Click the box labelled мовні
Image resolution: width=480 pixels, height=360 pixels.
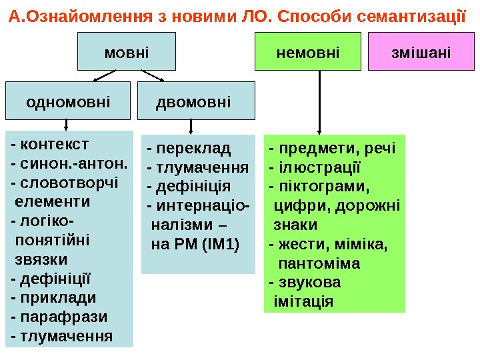(127, 51)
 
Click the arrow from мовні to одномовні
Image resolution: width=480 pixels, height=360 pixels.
(107, 75)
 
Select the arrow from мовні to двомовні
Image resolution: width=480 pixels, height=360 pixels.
(152, 75)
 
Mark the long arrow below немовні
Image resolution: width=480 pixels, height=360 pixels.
(320, 100)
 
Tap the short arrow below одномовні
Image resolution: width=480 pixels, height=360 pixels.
(66, 124)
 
